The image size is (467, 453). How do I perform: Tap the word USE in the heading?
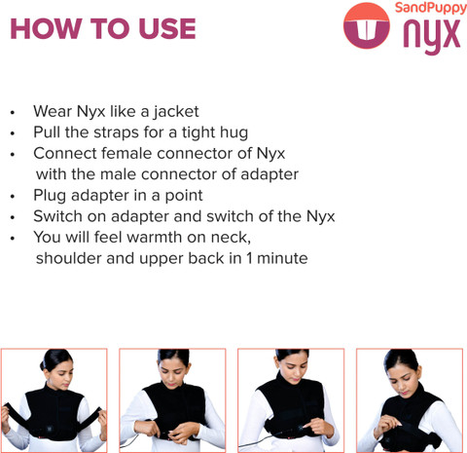tap(167, 28)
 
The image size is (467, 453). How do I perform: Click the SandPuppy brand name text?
tap(431, 8)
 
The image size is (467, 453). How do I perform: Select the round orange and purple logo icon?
tap(367, 25)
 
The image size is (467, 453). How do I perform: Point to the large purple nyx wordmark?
tap(432, 36)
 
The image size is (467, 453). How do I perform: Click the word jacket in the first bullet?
tap(176, 112)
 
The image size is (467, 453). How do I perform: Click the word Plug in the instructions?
tap(50, 196)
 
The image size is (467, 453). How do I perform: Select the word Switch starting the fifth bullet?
tap(57, 216)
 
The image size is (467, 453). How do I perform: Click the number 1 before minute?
tap(249, 258)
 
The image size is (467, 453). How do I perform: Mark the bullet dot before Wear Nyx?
tap(13, 113)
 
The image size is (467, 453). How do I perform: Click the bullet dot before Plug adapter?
tap(13, 197)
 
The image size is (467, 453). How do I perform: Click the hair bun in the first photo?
tap(43, 365)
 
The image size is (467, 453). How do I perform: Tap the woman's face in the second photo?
tap(173, 372)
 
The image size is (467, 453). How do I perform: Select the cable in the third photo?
tap(260, 440)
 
